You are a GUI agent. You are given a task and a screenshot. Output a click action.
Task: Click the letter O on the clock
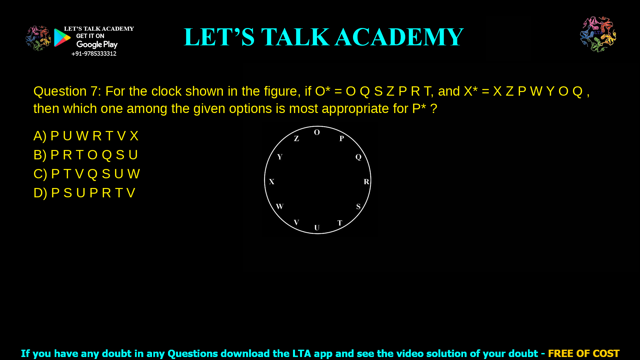(317, 132)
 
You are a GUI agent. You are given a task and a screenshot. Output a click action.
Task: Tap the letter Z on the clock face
(296, 139)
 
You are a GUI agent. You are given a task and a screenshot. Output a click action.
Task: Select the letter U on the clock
(317, 228)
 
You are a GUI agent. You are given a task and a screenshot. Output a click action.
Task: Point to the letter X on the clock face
(272, 182)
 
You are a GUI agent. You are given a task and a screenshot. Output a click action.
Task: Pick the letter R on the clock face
(366, 182)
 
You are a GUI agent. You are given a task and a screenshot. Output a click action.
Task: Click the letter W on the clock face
(280, 206)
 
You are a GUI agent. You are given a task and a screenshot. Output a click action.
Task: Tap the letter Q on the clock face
(358, 157)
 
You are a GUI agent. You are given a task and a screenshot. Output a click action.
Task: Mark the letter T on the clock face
(340, 223)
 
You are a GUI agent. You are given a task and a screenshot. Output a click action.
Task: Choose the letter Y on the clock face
(280, 157)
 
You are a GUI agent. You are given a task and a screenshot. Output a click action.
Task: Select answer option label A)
(40, 136)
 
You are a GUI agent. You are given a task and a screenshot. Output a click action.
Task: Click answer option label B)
(40, 155)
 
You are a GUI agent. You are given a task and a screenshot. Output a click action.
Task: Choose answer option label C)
(40, 174)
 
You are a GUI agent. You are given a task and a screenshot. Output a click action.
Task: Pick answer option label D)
(40, 193)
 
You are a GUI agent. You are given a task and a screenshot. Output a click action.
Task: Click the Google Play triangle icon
(62, 38)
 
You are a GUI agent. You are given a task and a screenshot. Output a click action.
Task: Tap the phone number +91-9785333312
(94, 54)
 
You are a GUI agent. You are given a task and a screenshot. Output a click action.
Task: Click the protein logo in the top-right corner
(598, 34)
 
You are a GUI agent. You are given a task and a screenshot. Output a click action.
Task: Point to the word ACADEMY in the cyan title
(399, 37)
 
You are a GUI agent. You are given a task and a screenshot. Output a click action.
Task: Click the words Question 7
(67, 91)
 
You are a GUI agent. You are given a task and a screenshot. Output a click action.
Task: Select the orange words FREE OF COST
(583, 353)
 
